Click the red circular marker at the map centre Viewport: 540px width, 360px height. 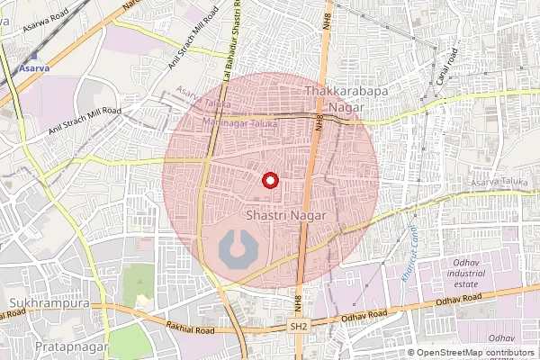pyautogui.click(x=267, y=179)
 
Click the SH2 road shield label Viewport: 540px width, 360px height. pyautogui.click(x=300, y=325)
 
